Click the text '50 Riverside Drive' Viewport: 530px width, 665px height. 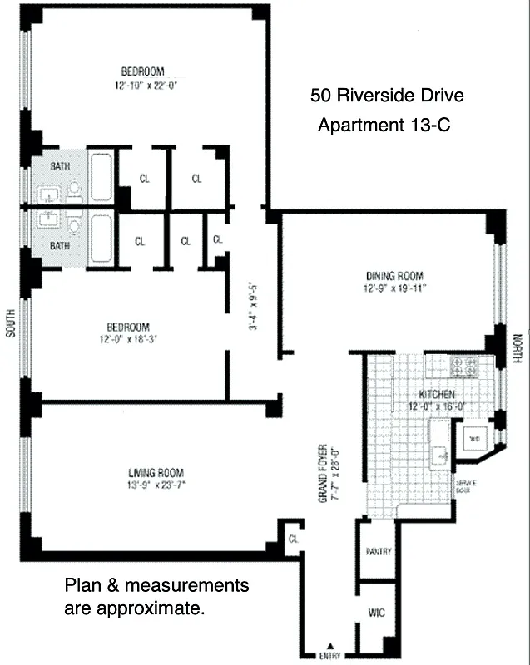pos(387,96)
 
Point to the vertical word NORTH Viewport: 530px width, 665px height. pos(518,348)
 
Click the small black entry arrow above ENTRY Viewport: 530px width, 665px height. pos(330,645)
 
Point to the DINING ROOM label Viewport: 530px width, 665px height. pos(394,277)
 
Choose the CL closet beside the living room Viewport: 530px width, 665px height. pos(293,538)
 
